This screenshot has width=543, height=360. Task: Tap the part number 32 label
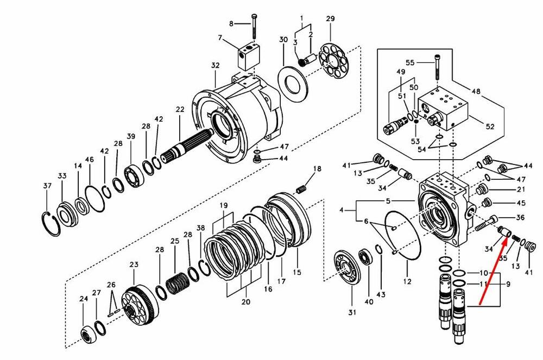[215, 66]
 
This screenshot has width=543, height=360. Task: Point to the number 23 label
[134, 264]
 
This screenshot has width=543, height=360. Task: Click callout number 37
[47, 186]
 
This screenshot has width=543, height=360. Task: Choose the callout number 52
[490, 127]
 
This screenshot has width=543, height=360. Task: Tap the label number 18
[317, 168]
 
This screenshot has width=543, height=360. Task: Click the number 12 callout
[408, 281]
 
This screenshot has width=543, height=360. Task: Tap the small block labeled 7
[247, 56]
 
